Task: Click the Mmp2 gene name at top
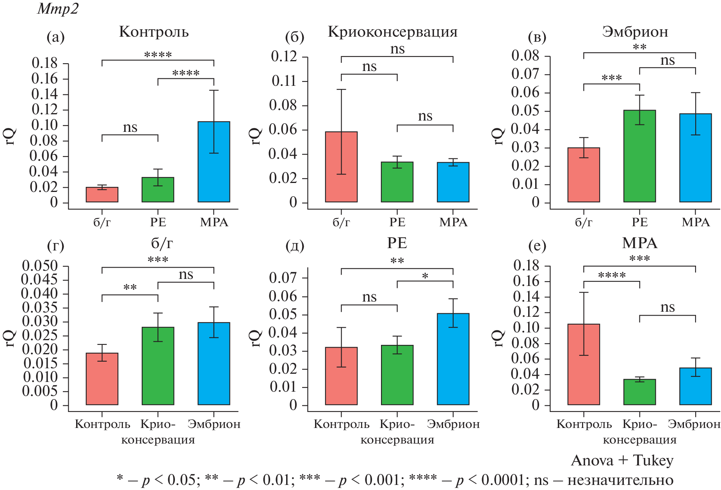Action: coord(58,9)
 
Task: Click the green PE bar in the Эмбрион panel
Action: coord(639,156)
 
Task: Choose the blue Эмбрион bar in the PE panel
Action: coord(453,359)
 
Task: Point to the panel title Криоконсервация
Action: coord(392,32)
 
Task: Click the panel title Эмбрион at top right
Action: coord(635,32)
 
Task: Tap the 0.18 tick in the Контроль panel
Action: coord(45,63)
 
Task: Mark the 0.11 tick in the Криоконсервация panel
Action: coord(284,81)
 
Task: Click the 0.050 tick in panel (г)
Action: coord(40,266)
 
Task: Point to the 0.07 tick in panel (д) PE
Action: coord(283,278)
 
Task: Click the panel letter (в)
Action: coord(537,37)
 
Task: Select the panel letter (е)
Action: coord(537,246)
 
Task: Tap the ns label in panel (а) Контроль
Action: coord(130,128)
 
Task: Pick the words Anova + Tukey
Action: coord(622,461)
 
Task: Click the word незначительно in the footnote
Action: coord(620,480)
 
